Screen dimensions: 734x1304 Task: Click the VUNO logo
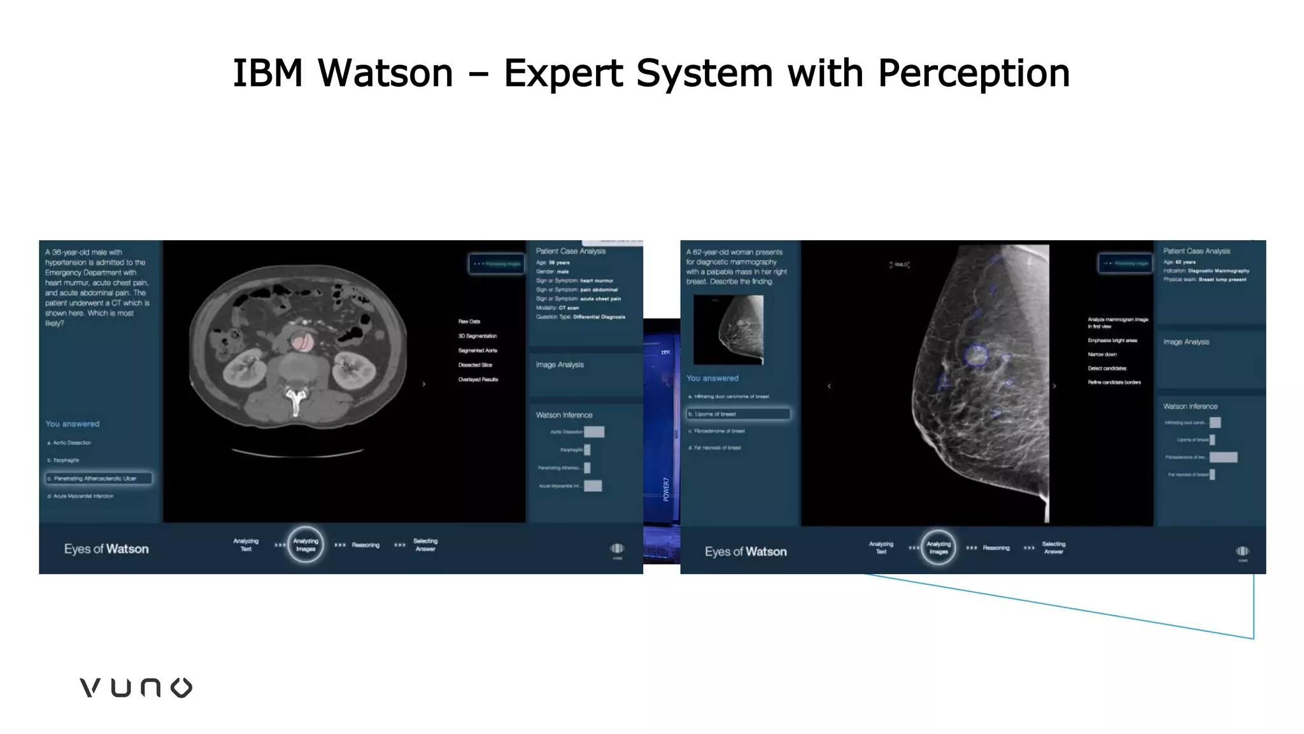pyautogui.click(x=136, y=687)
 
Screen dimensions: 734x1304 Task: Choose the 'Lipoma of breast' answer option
pyautogui.click(x=738, y=414)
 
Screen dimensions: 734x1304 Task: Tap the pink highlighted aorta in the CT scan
pyautogui.click(x=302, y=342)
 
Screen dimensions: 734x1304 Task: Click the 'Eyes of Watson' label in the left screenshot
pyautogui.click(x=106, y=549)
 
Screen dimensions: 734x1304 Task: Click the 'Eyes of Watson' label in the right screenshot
pyautogui.click(x=746, y=552)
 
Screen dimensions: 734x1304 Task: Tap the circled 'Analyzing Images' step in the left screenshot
pyautogui.click(x=306, y=545)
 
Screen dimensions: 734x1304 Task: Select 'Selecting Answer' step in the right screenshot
pyautogui.click(x=1053, y=548)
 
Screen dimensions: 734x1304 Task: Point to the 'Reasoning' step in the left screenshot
pyautogui.click(x=365, y=545)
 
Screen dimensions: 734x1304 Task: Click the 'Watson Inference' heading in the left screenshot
pyautogui.click(x=563, y=415)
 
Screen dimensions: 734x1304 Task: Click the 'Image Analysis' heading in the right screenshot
pyautogui.click(x=1186, y=342)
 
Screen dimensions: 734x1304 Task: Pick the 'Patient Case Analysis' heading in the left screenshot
pyautogui.click(x=570, y=251)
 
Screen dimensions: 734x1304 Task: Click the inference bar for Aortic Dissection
pyautogui.click(x=594, y=432)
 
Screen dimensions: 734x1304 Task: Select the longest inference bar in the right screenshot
pyautogui.click(x=1223, y=457)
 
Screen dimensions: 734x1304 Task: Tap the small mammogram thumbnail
pyautogui.click(x=728, y=329)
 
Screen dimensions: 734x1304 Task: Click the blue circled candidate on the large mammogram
pyautogui.click(x=975, y=354)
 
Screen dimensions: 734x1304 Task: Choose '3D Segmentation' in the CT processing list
pyautogui.click(x=477, y=336)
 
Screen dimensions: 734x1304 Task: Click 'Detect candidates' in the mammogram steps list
pyautogui.click(x=1107, y=368)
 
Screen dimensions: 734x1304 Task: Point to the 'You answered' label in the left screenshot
pyautogui.click(x=72, y=424)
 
